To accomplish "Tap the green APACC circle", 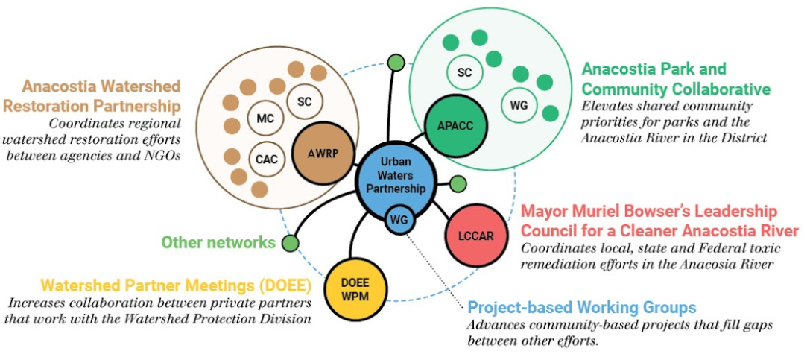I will tap(455, 124).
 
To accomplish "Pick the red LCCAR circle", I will tap(475, 236).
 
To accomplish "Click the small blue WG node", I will tap(399, 220).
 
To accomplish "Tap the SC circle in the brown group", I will tap(303, 101).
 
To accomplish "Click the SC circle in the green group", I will tap(464, 72).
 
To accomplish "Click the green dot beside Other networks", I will tap(291, 242).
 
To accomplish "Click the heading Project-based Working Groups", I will tap(581, 307).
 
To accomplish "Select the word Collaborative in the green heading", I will tap(724, 89).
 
